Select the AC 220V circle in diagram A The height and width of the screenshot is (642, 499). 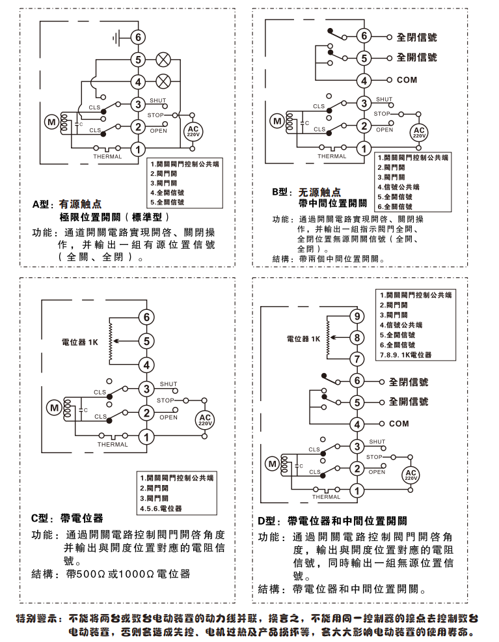tap(193, 130)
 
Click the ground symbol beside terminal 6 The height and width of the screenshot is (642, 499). tap(117, 37)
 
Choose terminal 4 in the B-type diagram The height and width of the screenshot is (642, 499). tap(364, 81)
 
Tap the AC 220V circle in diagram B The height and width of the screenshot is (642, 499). tap(419, 132)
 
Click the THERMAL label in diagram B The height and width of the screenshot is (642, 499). tap(332, 156)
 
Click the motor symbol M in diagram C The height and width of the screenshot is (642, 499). tap(54, 408)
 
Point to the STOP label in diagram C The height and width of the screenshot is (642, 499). tap(165, 400)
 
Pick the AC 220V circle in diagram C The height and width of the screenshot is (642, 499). tap(205, 420)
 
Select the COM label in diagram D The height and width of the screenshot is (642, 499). tap(399, 424)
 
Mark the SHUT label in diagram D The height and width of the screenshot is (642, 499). tap(377, 441)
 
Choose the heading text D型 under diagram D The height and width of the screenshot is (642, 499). tap(267, 521)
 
